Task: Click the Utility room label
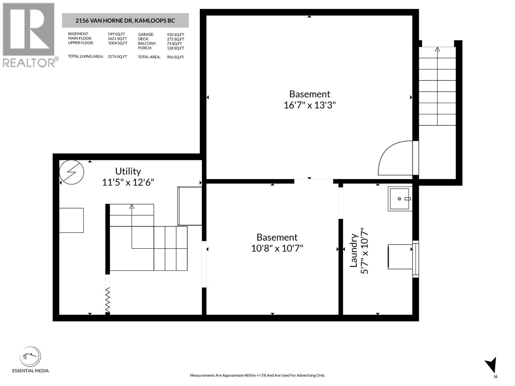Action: click(128, 171)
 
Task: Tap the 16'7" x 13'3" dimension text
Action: click(309, 105)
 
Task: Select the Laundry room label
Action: click(354, 251)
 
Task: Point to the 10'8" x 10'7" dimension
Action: click(277, 248)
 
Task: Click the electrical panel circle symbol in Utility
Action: click(71, 172)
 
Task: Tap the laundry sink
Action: click(400, 199)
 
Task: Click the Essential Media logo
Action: click(30, 357)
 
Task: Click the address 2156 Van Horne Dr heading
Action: click(125, 21)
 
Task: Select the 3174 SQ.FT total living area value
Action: click(117, 57)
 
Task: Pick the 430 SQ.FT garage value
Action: click(175, 34)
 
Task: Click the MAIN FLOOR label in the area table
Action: click(80, 38)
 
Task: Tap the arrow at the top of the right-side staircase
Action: click(437, 50)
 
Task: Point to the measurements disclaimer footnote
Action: click(257, 375)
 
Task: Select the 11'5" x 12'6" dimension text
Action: click(128, 182)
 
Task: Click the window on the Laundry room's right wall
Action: click(416, 259)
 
